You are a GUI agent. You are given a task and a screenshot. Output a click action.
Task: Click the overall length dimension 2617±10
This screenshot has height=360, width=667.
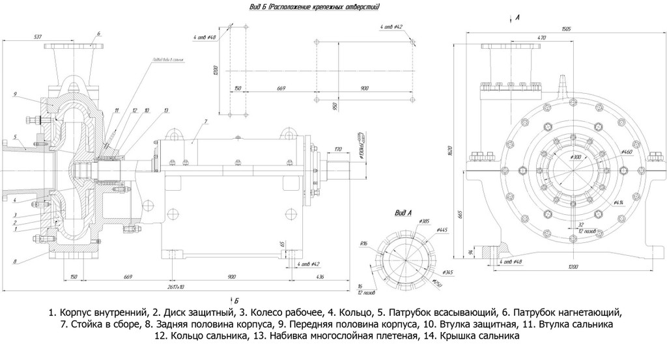coord(175,286)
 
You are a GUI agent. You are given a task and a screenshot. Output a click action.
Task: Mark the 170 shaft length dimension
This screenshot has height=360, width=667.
coord(337,149)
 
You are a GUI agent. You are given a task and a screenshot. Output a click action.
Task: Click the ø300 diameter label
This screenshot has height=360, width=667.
coord(575,158)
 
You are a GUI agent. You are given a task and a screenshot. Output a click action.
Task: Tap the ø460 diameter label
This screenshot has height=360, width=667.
coord(627,152)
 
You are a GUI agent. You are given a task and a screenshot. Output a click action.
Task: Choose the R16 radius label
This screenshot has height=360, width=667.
coord(364,243)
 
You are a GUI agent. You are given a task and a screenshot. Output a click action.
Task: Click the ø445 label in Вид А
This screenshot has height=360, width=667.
coord(443,229)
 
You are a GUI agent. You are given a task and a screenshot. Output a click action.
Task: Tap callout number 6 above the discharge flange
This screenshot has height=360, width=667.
coord(98,33)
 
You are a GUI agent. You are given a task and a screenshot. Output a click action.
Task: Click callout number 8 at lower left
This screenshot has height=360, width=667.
coord(14,262)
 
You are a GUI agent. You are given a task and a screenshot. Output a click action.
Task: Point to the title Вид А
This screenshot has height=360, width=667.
coord(403,212)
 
